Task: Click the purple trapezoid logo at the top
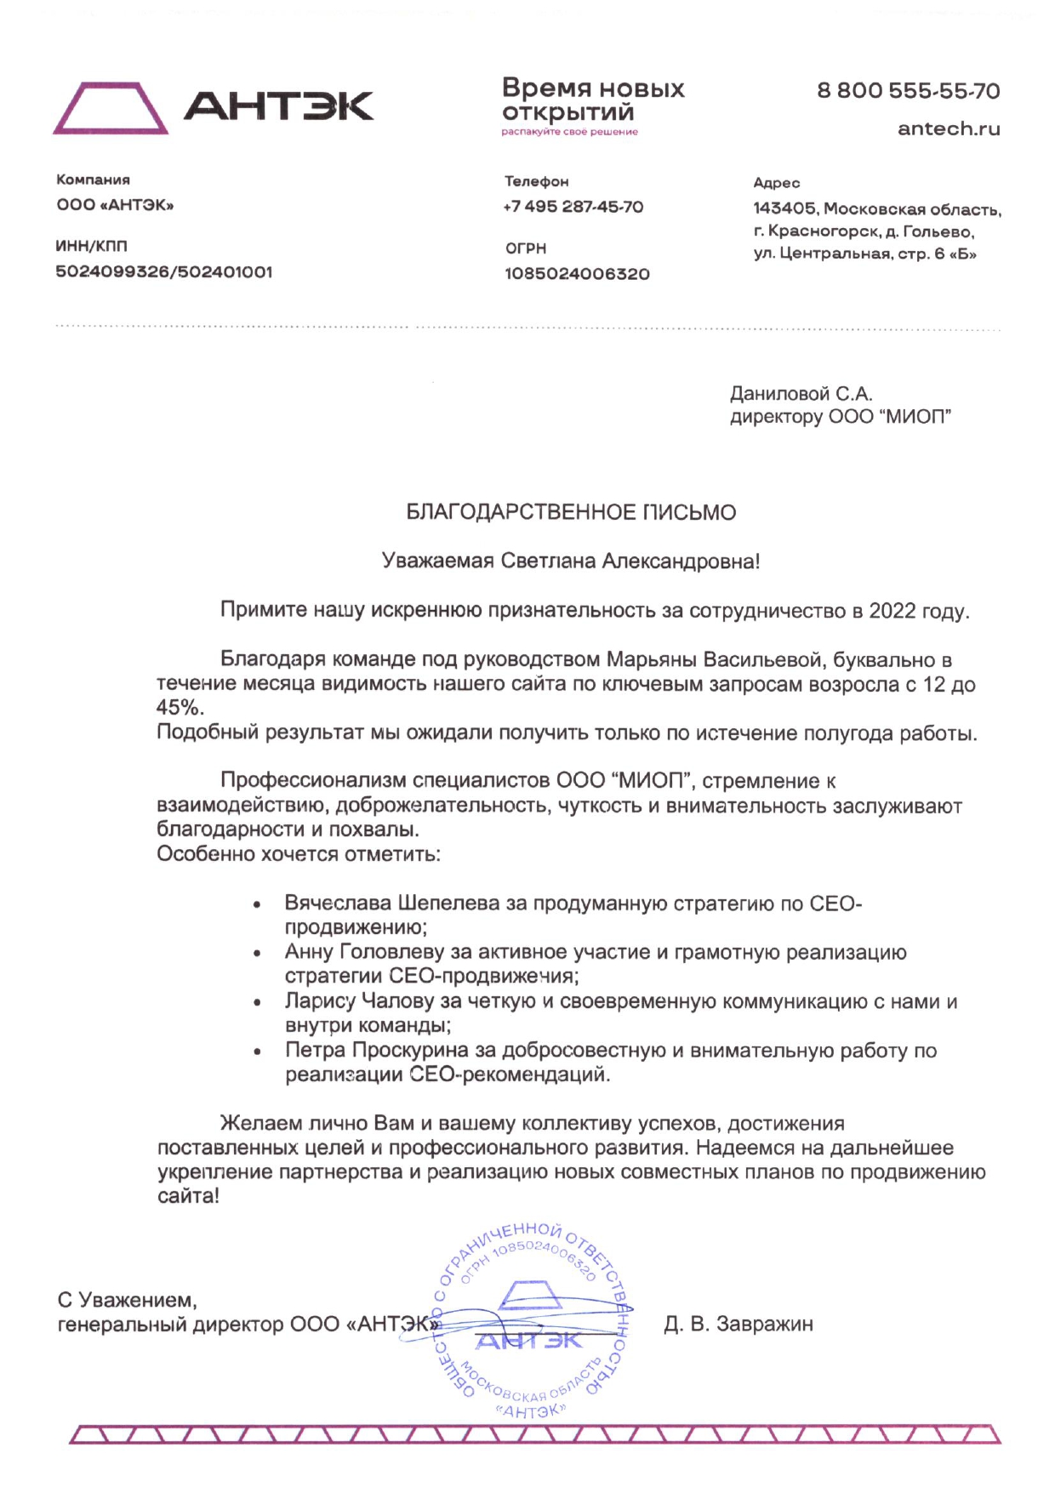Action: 111,108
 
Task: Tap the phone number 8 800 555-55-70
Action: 908,91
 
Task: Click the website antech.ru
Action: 949,129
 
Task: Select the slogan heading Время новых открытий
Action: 592,100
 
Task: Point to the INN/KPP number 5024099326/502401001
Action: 164,272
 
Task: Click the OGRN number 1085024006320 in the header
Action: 577,274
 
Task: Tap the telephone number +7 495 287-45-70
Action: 573,207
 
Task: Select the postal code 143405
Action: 784,208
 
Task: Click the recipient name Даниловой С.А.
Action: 801,394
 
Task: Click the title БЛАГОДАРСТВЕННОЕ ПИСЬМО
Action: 571,512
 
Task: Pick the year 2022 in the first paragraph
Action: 892,611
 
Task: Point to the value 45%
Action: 179,708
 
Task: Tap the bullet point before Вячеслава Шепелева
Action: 257,906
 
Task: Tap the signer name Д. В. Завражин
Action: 738,1324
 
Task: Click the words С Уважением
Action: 127,1300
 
